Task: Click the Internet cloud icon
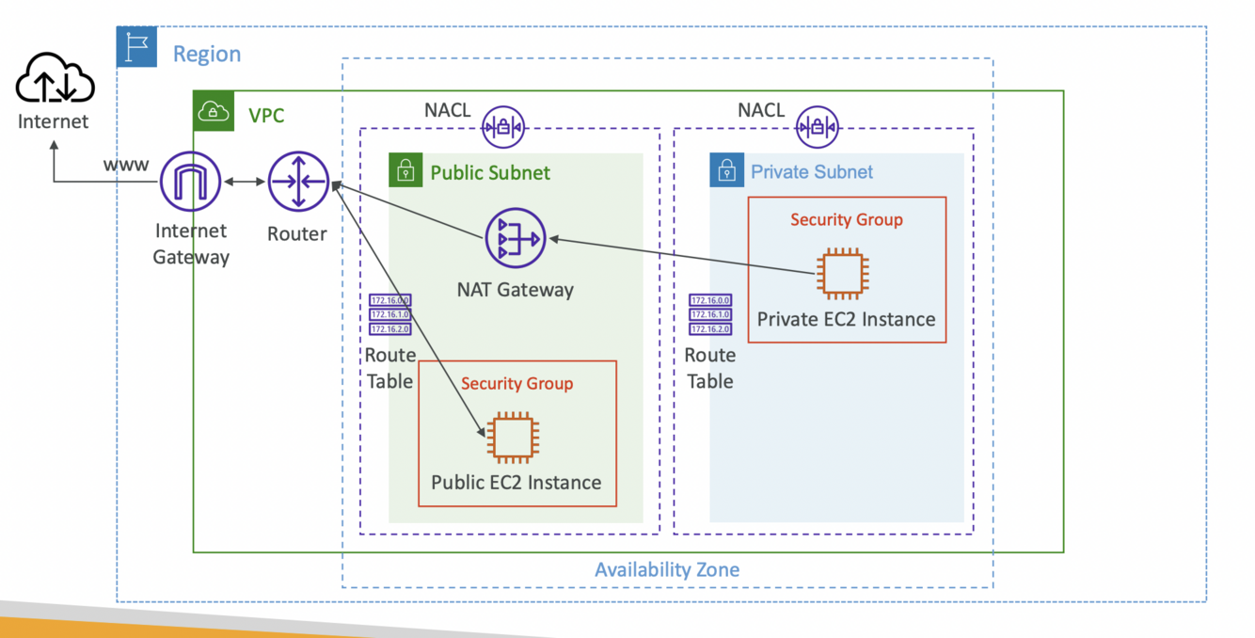tap(55, 79)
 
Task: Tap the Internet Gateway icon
tap(191, 182)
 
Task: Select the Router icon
tap(297, 182)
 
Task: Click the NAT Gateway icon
tap(515, 238)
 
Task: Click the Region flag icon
tap(137, 47)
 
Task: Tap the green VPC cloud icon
tap(214, 112)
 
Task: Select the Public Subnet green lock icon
tap(405, 170)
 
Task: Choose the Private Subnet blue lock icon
tap(726, 170)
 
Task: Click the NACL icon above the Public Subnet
tap(503, 127)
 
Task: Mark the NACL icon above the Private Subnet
tap(818, 127)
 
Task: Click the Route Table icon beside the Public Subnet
tap(389, 315)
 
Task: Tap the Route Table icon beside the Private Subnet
tap(710, 315)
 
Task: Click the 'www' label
tap(125, 165)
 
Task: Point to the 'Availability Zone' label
tap(667, 569)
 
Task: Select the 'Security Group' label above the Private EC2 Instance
tap(846, 219)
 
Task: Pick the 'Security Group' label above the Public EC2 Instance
tap(516, 383)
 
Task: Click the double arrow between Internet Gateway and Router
tap(245, 182)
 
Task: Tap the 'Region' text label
tap(207, 54)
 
